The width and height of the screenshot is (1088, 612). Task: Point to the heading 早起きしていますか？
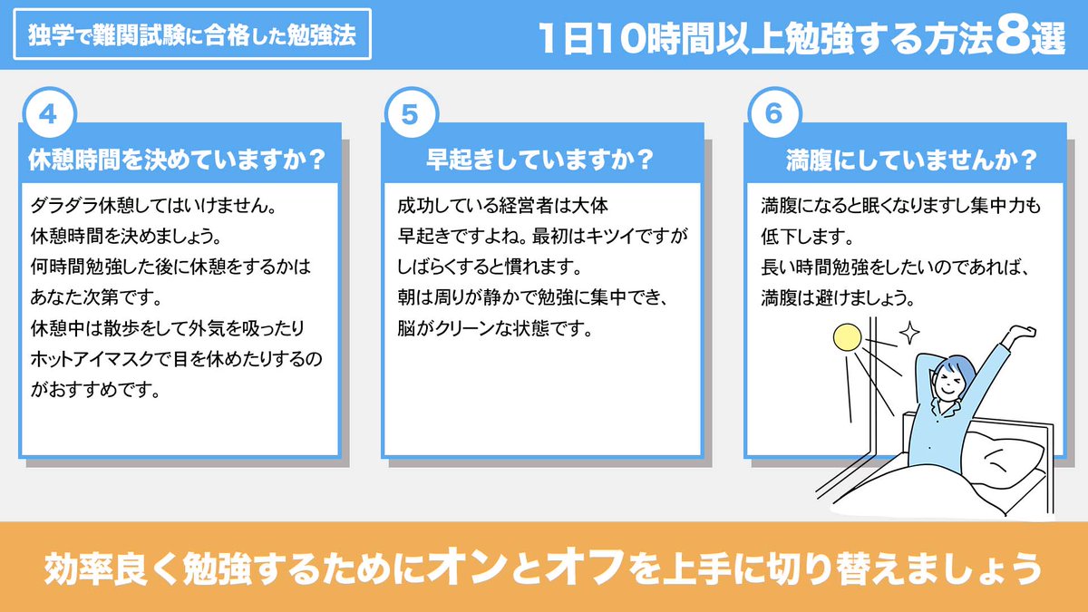coord(541,159)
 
